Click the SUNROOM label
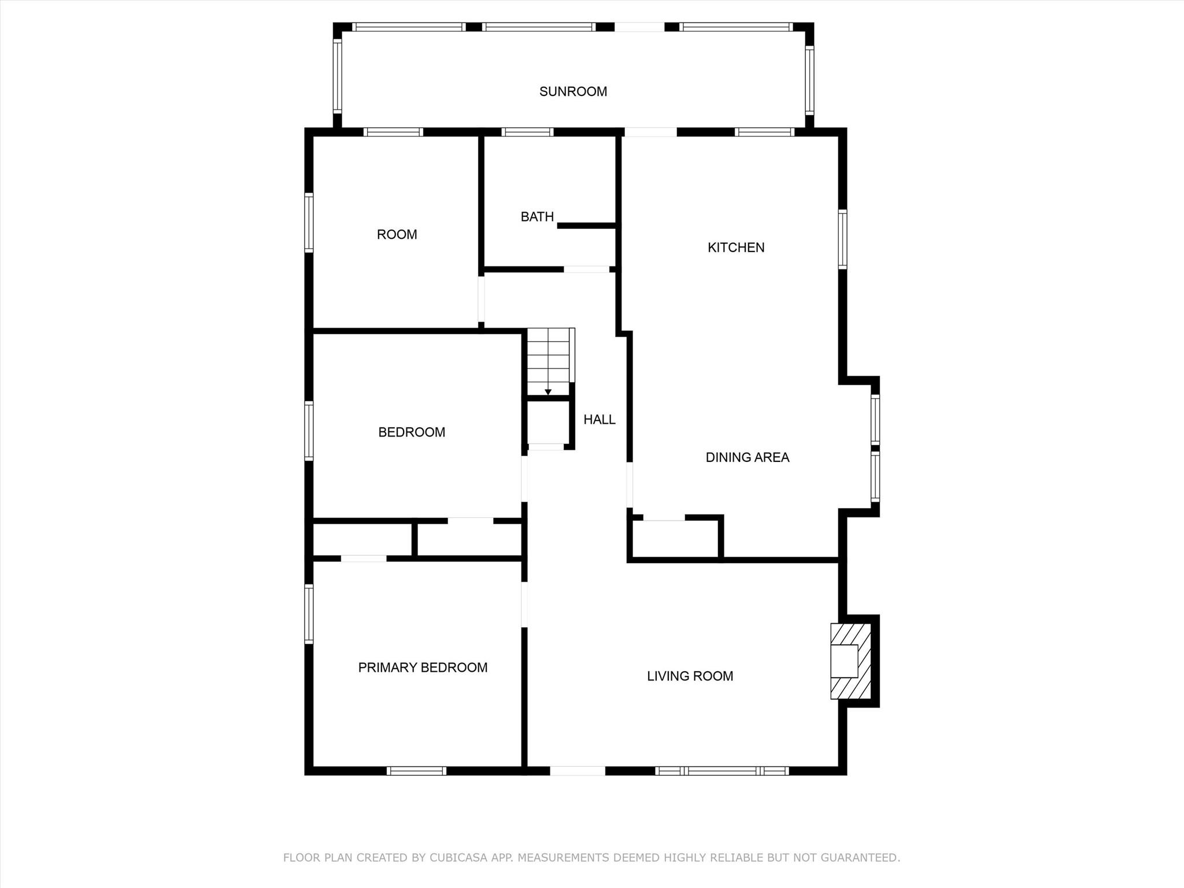(x=573, y=91)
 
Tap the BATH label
(x=537, y=217)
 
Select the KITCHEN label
(x=736, y=247)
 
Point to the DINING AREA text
(x=747, y=457)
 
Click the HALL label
(x=600, y=420)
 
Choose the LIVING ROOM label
(x=690, y=676)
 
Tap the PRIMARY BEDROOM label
(x=423, y=668)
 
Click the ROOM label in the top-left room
(x=397, y=235)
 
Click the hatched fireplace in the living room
(x=850, y=661)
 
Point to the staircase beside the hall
(x=549, y=361)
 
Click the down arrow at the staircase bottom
(x=548, y=392)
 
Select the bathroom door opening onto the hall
(x=586, y=269)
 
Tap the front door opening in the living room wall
(x=577, y=771)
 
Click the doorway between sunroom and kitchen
(x=650, y=132)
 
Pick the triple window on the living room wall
(x=722, y=771)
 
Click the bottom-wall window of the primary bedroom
(x=416, y=771)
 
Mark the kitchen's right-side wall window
(x=842, y=239)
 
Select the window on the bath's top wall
(x=527, y=132)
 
